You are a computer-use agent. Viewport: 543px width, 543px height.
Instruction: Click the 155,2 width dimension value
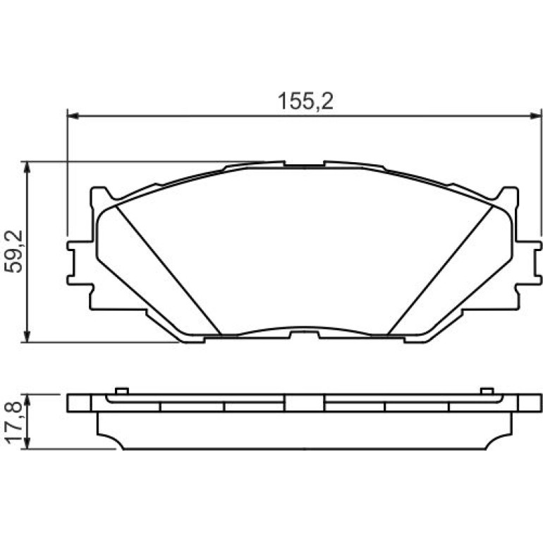point(305,102)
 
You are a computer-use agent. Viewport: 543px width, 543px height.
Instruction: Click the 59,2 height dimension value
point(14,251)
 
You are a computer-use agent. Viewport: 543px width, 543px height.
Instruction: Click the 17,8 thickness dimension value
point(14,422)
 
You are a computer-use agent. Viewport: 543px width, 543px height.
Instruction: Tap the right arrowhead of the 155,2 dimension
point(535,116)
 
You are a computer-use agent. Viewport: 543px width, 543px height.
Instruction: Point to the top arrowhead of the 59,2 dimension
point(27,168)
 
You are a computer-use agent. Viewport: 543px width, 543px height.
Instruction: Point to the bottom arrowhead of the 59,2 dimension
point(27,336)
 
